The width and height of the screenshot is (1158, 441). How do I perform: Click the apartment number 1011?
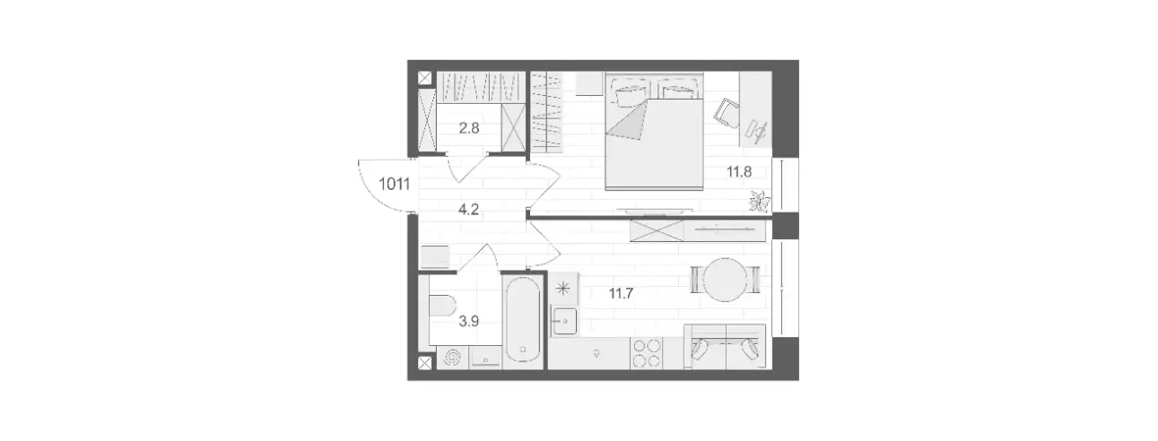pos(395,184)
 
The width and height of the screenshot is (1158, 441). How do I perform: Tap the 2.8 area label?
pos(469,127)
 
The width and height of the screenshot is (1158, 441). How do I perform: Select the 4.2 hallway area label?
pos(468,210)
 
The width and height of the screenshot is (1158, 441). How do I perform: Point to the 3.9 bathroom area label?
pos(469,322)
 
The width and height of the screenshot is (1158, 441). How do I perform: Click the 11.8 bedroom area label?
pos(739,172)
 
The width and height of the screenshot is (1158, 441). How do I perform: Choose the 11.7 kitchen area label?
pos(621,294)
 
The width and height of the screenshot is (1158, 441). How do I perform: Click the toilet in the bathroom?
pos(441,306)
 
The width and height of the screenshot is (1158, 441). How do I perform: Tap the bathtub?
pos(523,321)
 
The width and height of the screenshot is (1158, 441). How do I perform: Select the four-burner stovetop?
pos(646,353)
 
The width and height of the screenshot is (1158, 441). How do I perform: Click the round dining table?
pos(726,280)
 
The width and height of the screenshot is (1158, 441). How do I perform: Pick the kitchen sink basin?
pos(564,320)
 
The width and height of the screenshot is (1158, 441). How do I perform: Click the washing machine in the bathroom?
pos(453,358)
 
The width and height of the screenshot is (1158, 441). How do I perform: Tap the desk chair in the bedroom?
pos(727,114)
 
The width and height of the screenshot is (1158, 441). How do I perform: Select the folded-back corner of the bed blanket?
pos(627,121)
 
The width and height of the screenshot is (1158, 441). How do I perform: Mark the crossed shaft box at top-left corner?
pos(424,78)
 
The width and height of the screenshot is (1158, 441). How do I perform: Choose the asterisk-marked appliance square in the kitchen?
pos(563,288)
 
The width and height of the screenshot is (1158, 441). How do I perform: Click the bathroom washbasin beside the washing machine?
pos(485,358)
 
